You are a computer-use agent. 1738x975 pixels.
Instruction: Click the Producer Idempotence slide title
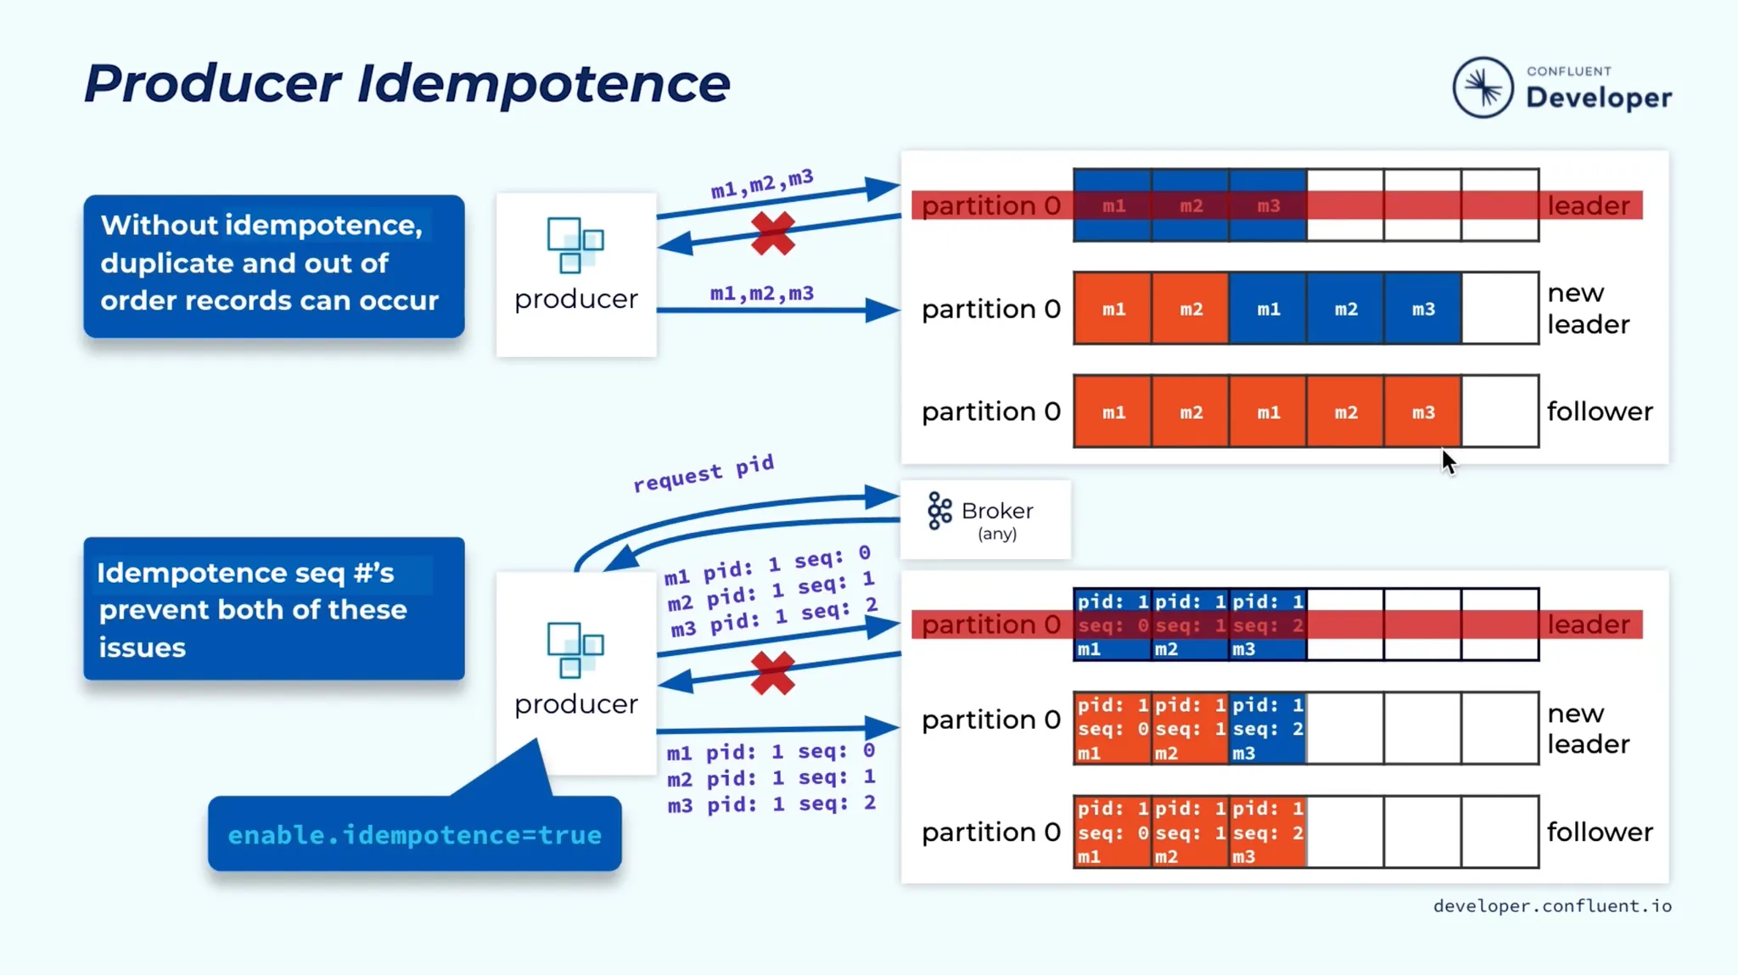(x=406, y=83)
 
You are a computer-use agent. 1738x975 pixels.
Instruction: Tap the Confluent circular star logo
(x=1482, y=87)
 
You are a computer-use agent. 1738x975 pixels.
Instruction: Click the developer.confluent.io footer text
(x=1552, y=906)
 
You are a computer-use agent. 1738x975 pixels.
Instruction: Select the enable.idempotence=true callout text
(x=414, y=835)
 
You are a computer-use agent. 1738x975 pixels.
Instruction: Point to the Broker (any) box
(x=985, y=519)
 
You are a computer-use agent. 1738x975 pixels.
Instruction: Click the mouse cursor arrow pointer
(x=1448, y=462)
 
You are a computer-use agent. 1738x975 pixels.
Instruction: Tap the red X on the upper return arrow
(x=772, y=233)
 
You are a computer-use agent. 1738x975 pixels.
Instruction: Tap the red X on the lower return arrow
(x=772, y=674)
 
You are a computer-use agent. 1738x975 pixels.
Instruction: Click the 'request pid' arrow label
(x=704, y=473)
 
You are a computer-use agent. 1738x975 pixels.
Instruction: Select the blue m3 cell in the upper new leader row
(x=1423, y=309)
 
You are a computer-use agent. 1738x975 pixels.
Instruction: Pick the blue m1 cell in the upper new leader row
(x=1268, y=309)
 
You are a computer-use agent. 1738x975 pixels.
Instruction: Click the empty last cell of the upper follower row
(x=1500, y=412)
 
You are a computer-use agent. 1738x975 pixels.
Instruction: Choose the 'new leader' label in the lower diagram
(x=1587, y=728)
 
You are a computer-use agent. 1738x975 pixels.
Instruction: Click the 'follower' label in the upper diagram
(x=1600, y=412)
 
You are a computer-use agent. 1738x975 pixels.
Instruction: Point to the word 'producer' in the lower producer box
(x=575, y=703)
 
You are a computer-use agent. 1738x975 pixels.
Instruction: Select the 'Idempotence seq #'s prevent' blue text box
(x=273, y=608)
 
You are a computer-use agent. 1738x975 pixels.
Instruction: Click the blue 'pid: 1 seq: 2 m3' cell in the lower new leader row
(x=1267, y=728)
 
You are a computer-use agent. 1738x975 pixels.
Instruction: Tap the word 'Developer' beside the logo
(x=1599, y=98)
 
